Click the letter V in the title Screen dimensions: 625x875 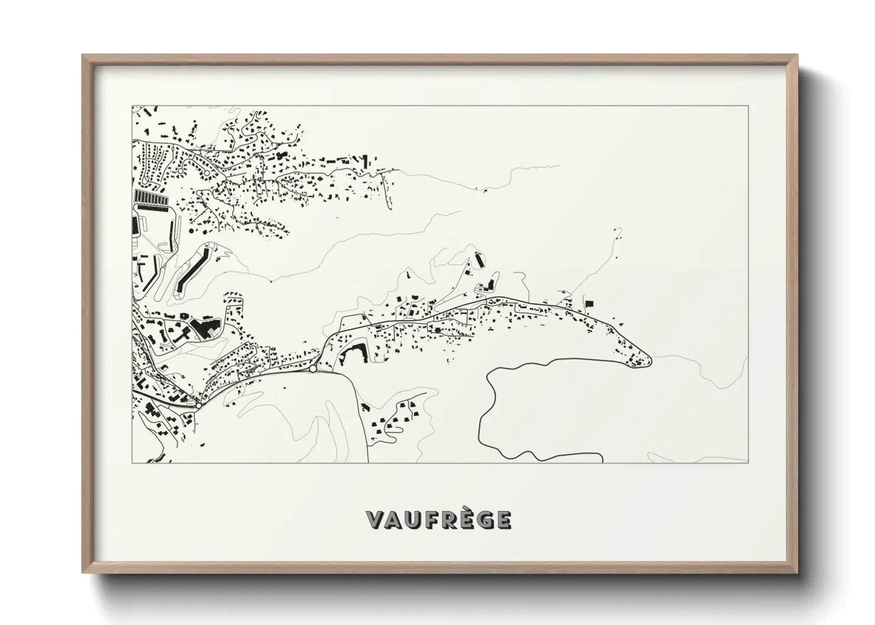[x=376, y=519]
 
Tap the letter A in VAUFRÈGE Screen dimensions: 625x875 [x=394, y=519]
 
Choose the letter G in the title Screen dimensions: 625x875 [x=484, y=519]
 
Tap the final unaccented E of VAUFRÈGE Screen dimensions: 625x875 [x=503, y=519]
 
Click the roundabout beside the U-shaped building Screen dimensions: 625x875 [x=313, y=369]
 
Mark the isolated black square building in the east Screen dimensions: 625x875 [x=589, y=303]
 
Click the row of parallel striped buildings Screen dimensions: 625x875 [x=150, y=197]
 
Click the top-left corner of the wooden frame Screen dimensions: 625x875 [x=83, y=56]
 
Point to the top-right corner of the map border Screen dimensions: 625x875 [x=748, y=106]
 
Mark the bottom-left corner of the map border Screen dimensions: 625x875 [x=132, y=463]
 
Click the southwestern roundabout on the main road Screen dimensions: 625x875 [x=199, y=405]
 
